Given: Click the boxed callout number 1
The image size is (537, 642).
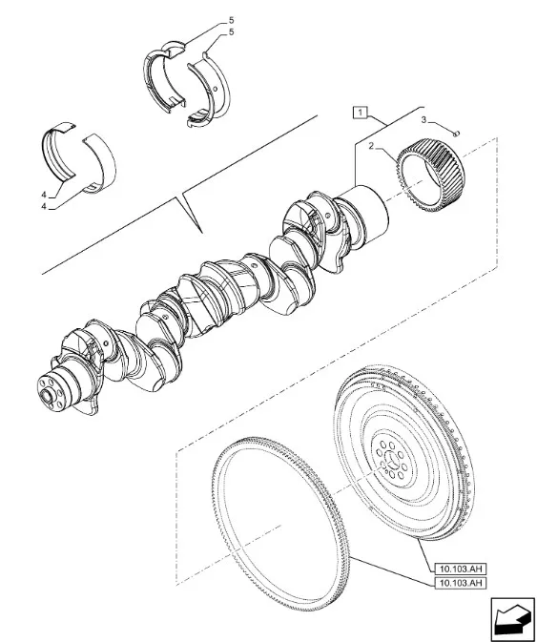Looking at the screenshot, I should coord(359,113).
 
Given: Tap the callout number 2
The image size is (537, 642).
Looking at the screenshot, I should coord(370,147).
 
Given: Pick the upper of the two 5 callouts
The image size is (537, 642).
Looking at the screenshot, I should coord(229,19).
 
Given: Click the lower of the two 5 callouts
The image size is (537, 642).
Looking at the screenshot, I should coord(229,32).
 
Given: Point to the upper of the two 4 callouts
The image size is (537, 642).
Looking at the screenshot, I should coord(45,196).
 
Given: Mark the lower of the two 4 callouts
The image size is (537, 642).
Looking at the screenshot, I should coord(45,207).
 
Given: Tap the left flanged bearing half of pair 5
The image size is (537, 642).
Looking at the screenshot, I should coord(168,75).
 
